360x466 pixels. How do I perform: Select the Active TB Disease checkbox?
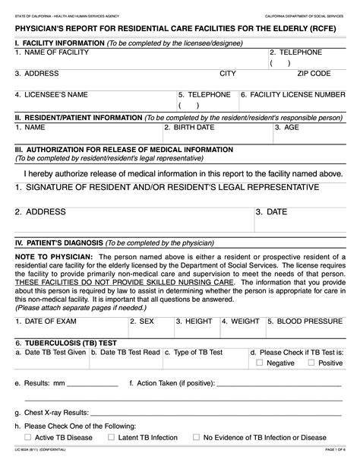coord(28,438)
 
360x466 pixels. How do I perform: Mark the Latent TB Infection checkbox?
coord(111,438)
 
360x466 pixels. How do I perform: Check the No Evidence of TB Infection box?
coord(197,438)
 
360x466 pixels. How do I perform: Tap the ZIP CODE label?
coord(314,73)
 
